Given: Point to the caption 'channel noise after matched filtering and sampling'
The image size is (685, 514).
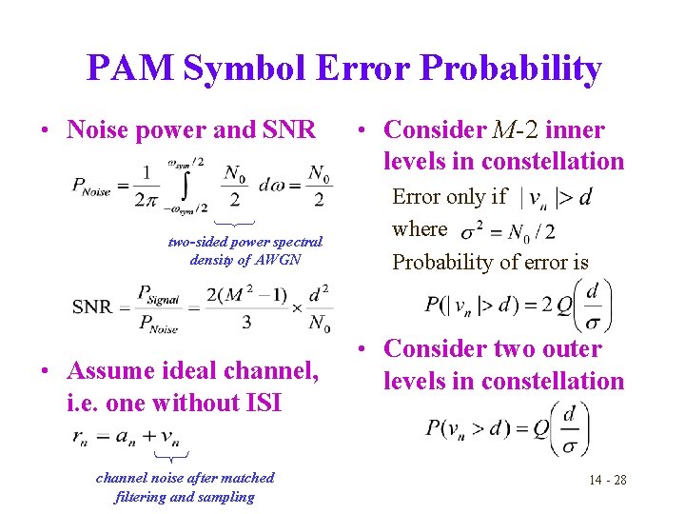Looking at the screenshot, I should [185, 486].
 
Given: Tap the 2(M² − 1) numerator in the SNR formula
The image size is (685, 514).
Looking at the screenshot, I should [246, 293].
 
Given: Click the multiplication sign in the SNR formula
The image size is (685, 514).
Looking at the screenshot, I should [297, 307].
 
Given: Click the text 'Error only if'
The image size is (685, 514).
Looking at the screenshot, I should [449, 197].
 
